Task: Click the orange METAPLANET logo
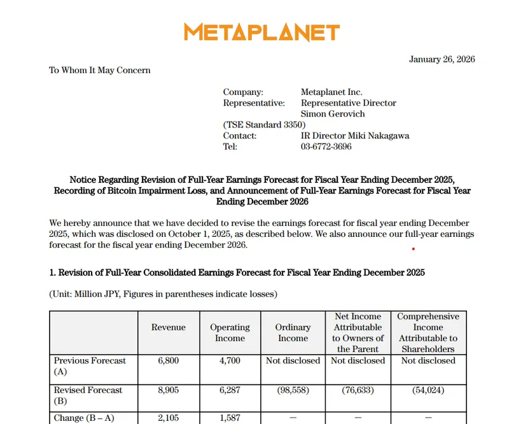coord(262,32)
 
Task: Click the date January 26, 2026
coord(442,60)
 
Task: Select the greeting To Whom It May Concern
coord(100,70)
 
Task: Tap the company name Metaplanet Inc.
coord(331,92)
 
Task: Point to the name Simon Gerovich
coord(333,114)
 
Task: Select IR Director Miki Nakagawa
coord(355,136)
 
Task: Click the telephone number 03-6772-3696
coord(326,146)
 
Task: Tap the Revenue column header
coord(169,327)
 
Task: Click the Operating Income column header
coord(230,333)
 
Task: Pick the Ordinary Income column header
coord(293,333)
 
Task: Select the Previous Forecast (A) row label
coord(90,365)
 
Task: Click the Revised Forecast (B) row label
coord(88,395)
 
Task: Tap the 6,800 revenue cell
coord(169,360)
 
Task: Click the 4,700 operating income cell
coord(230,360)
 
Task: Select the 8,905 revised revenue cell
coord(169,390)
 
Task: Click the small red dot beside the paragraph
coord(414,250)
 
